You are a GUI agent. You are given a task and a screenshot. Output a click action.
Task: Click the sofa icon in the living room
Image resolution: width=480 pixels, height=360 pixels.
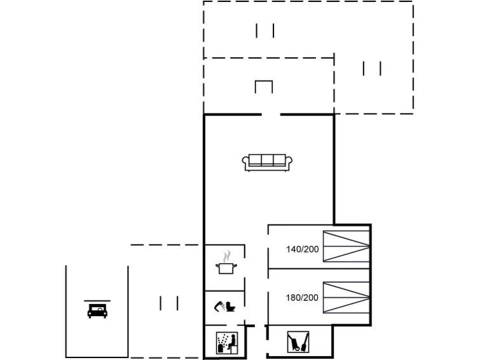267,162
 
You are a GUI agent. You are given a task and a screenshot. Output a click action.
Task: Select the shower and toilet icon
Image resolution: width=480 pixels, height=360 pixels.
225,306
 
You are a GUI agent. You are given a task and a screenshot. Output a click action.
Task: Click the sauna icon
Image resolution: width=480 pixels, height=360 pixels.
227,343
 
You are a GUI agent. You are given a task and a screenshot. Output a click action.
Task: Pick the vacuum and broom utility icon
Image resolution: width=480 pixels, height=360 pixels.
298,342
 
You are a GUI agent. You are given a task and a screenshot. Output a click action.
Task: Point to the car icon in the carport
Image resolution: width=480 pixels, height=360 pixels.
97,310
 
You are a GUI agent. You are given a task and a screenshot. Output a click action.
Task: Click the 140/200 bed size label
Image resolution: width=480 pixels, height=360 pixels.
302,249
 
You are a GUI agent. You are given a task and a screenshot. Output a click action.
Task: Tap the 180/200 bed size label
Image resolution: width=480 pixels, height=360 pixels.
302,298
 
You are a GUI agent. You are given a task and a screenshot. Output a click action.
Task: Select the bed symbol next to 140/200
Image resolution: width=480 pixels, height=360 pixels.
346,246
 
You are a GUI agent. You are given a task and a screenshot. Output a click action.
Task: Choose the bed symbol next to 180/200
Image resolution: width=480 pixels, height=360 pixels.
346,297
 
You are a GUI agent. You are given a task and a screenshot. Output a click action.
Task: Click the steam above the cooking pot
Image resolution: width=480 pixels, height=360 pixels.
226,256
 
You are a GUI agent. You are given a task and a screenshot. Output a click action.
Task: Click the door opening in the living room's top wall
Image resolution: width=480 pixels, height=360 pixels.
271,114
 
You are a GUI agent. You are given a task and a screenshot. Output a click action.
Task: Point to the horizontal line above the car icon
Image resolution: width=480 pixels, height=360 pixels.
97,301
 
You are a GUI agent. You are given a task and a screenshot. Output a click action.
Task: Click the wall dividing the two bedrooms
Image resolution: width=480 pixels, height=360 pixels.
319,269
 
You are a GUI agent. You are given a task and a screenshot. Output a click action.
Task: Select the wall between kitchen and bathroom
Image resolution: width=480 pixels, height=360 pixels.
224,291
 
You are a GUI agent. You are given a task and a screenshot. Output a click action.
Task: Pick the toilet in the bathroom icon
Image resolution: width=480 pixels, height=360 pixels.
231,307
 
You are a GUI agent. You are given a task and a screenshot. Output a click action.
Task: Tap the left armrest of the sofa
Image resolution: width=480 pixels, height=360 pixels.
245,162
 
